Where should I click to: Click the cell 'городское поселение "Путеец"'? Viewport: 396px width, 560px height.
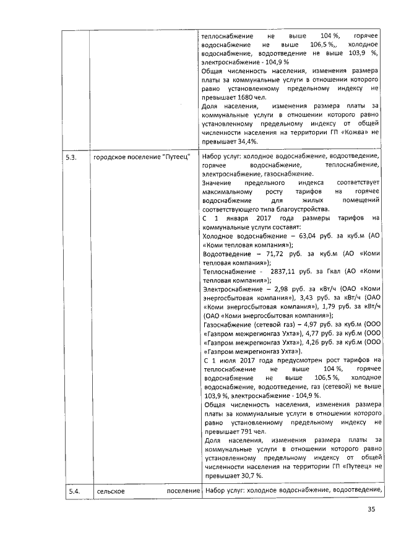click(142, 157)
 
